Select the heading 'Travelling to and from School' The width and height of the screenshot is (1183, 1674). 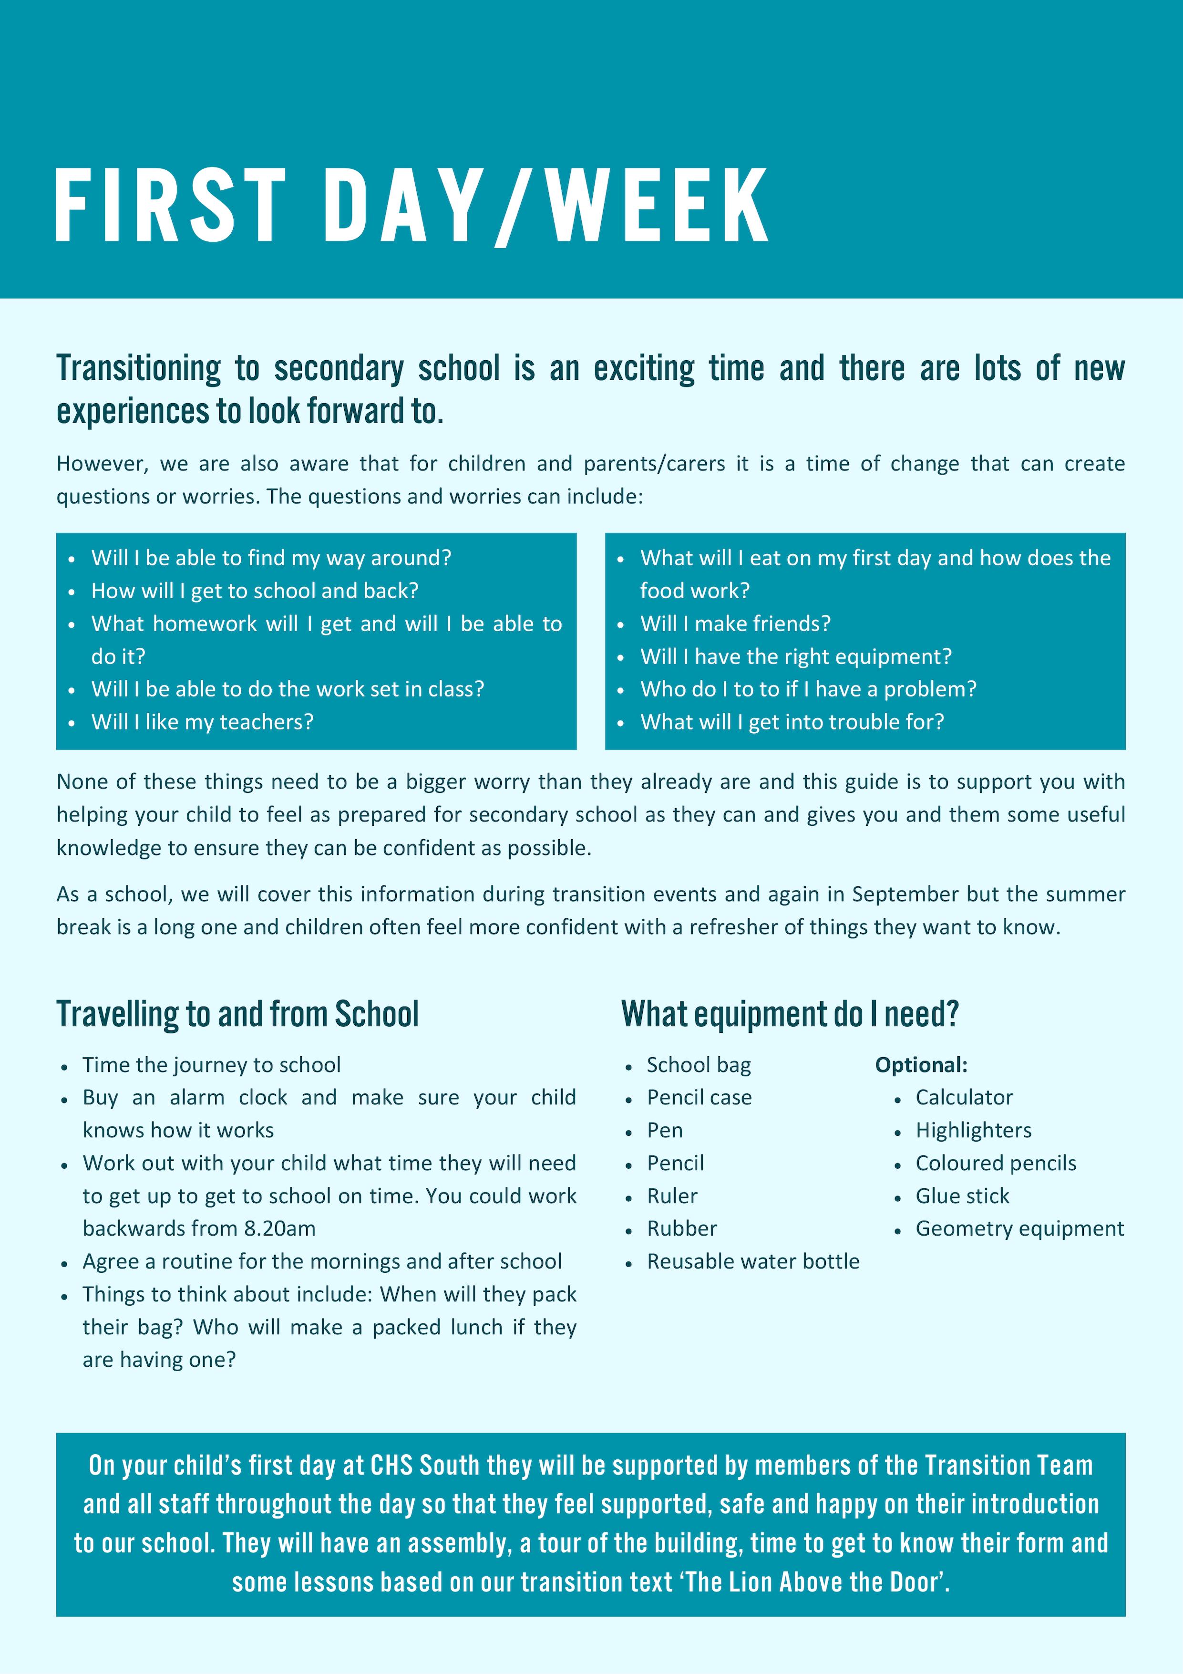tap(237, 1014)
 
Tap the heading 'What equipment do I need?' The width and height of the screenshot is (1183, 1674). tap(790, 1014)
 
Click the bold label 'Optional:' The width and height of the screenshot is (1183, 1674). tap(921, 1065)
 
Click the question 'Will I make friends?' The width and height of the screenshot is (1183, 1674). tap(735, 624)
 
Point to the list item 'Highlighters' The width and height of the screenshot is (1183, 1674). tap(973, 1131)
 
